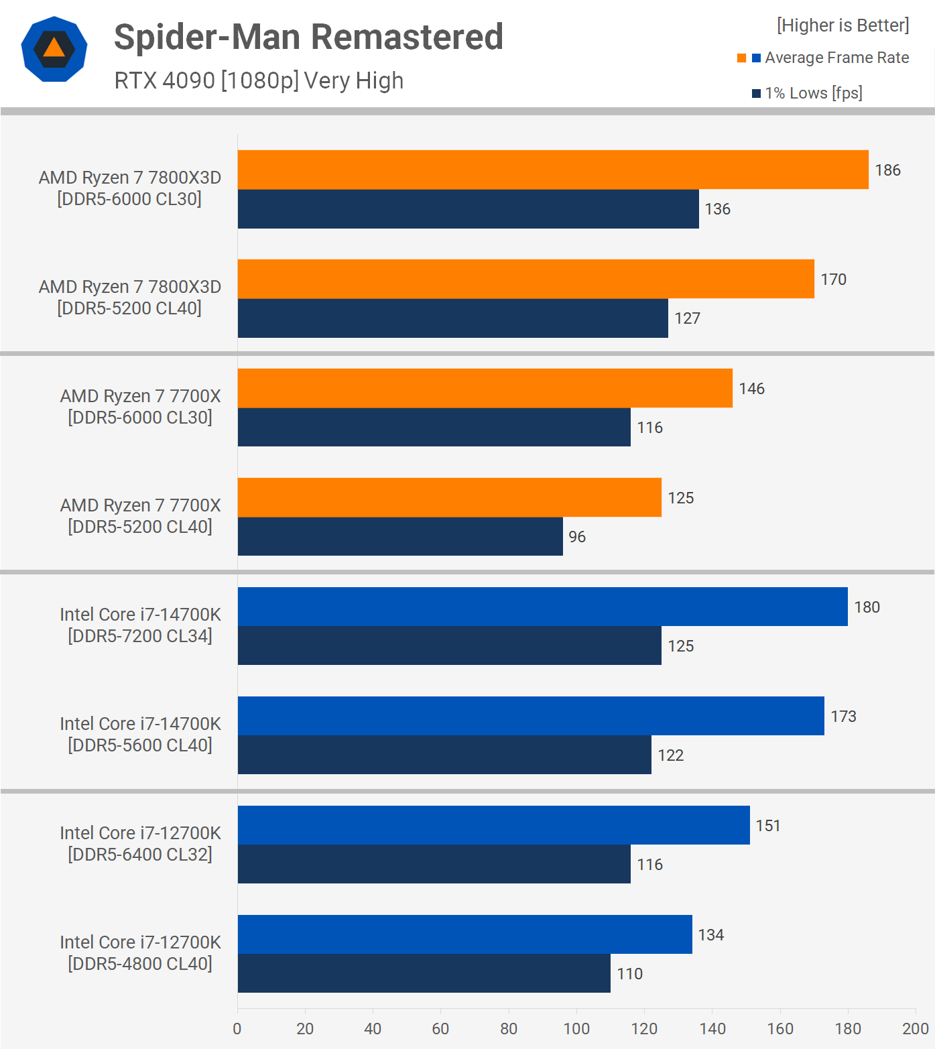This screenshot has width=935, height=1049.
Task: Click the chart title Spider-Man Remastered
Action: (x=308, y=37)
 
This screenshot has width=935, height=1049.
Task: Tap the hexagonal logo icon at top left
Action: (x=54, y=49)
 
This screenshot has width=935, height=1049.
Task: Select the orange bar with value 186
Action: (x=553, y=170)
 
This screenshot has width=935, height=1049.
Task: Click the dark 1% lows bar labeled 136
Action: (x=468, y=209)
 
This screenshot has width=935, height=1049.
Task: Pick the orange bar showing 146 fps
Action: (x=485, y=388)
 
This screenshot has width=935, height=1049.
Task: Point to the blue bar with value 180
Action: (x=542, y=607)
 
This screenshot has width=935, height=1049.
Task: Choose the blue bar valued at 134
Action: (x=464, y=934)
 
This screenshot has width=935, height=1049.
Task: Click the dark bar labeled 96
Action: (x=400, y=536)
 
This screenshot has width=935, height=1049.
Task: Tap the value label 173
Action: (x=843, y=717)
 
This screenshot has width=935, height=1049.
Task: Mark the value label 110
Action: (x=629, y=974)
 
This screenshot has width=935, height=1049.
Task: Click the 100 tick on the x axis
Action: (x=576, y=1029)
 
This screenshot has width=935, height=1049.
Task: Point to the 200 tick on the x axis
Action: (x=916, y=1029)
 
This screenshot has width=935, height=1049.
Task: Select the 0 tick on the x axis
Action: (x=237, y=1029)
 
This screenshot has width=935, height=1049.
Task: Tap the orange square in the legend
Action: (x=741, y=58)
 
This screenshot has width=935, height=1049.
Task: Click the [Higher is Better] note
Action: (x=843, y=25)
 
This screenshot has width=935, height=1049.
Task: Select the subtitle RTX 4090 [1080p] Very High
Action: (x=259, y=80)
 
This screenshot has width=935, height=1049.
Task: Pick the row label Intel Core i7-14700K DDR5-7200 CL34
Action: (x=140, y=625)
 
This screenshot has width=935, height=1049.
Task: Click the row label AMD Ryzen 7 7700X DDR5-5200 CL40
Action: (x=140, y=516)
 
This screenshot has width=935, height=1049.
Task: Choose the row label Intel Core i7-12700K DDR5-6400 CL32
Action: (x=140, y=844)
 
